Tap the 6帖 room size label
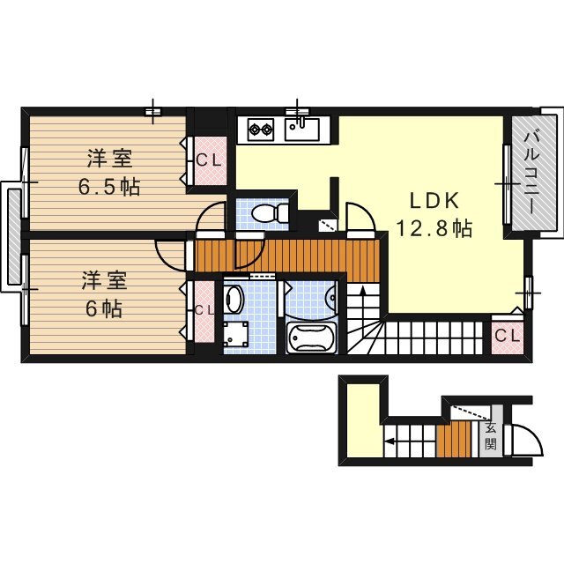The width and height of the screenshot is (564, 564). (x=104, y=309)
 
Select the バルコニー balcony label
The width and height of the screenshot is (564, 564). (x=532, y=173)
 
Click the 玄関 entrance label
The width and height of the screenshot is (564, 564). (x=490, y=436)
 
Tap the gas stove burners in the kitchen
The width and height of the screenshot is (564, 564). (x=262, y=130)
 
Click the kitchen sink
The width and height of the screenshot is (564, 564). (x=301, y=130)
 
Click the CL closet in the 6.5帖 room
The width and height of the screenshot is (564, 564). (x=209, y=160)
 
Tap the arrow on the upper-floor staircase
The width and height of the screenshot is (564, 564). (x=363, y=294)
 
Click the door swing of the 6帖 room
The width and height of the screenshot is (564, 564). (x=172, y=254)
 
